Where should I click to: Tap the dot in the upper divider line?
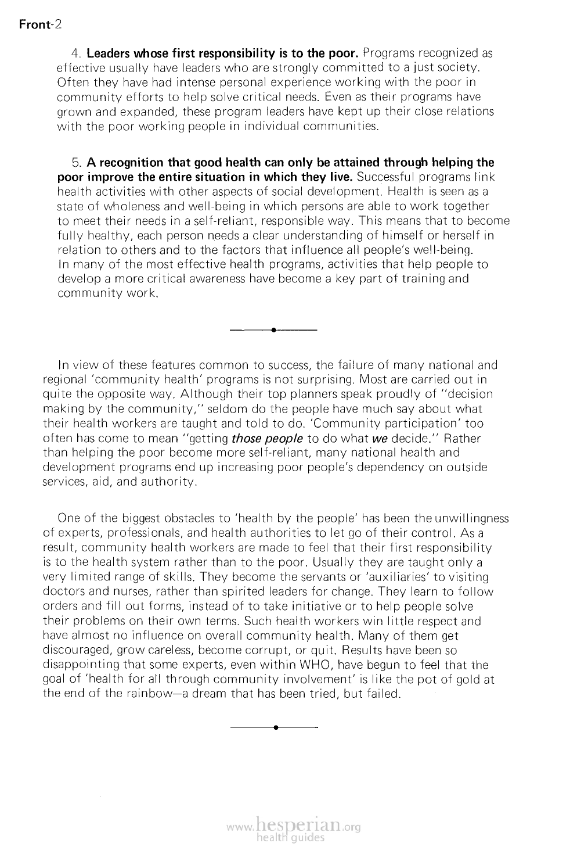(273, 331)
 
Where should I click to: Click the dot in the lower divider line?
(275, 727)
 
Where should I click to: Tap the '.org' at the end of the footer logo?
(351, 829)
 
